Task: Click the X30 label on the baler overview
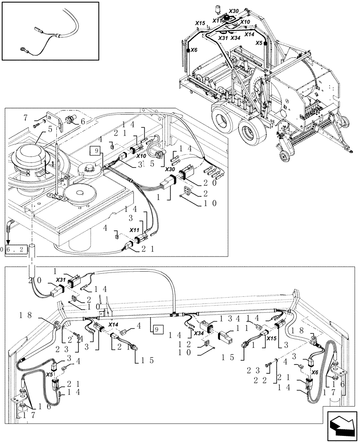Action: click(x=234, y=11)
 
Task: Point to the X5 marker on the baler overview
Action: click(x=260, y=43)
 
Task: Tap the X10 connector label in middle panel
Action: click(x=141, y=156)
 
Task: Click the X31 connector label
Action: click(x=61, y=280)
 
